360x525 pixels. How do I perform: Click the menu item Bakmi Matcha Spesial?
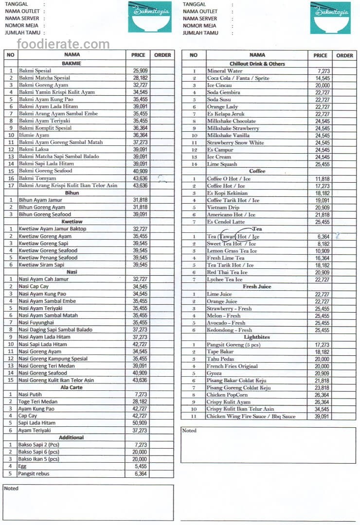pyautogui.click(x=44, y=78)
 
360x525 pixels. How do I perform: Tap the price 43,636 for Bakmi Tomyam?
pyautogui.click(x=140, y=178)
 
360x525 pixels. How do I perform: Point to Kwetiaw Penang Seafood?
pyautogui.click(x=48, y=258)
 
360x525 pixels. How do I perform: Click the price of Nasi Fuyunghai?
pyautogui.click(x=140, y=323)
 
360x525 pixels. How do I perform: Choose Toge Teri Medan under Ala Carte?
pyautogui.click(x=38, y=402)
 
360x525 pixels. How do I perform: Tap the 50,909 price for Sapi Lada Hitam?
pyautogui.click(x=140, y=423)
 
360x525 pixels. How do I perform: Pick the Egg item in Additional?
pyautogui.click(x=23, y=466)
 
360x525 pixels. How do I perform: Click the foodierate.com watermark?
pyautogui.click(x=63, y=45)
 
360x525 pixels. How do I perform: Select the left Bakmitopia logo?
pyautogui.click(x=150, y=17)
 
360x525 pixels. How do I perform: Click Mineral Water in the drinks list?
pyautogui.click(x=225, y=71)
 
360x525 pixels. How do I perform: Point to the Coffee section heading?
pyautogui.click(x=257, y=171)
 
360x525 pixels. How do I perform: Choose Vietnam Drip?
pyautogui.click(x=223, y=208)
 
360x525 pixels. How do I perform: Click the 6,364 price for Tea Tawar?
pyautogui.click(x=323, y=237)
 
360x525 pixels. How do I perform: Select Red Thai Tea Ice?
pyautogui.click(x=227, y=273)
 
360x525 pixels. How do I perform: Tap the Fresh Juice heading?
pyautogui.click(x=257, y=287)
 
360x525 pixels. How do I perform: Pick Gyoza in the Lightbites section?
pyautogui.click(x=215, y=373)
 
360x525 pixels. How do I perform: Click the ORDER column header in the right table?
pyautogui.click(x=344, y=55)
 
